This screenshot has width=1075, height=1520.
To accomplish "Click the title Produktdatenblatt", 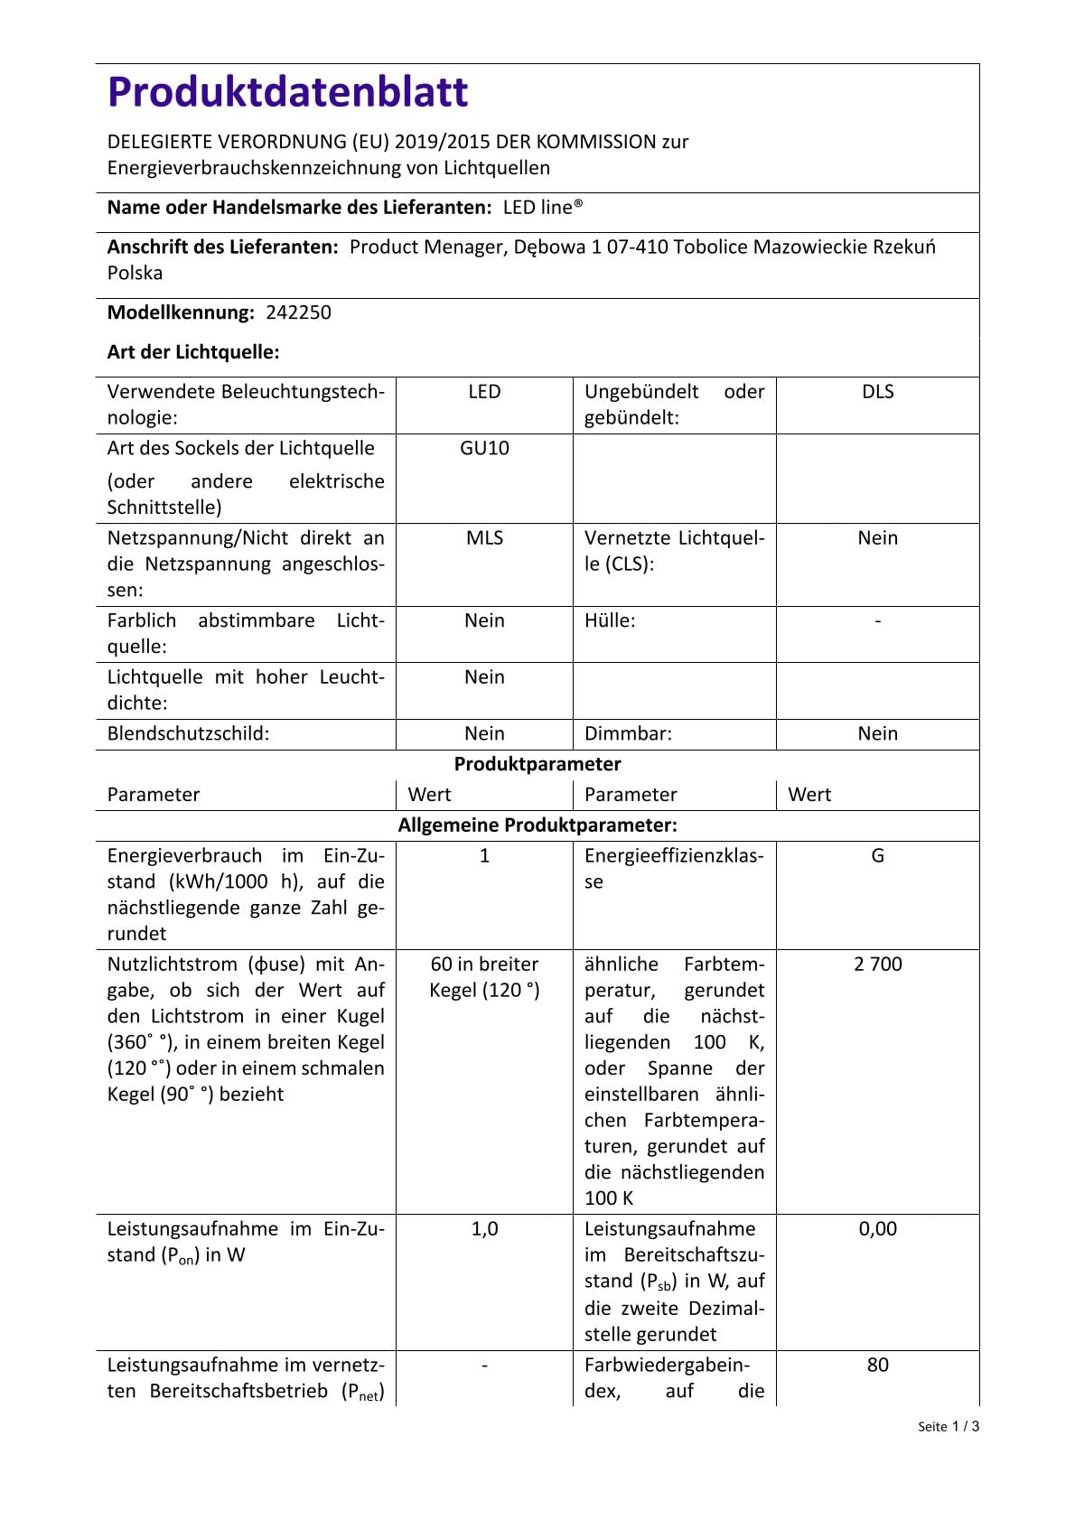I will pyautogui.click(x=287, y=92).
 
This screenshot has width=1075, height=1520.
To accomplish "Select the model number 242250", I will pyautogui.click(x=298, y=312).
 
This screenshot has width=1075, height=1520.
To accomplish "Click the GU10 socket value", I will pyautogui.click(x=484, y=448).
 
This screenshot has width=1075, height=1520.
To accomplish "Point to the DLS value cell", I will pyautogui.click(x=877, y=391).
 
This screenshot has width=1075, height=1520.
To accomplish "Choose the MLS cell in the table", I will pyautogui.click(x=484, y=537).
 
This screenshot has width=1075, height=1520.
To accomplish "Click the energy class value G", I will pyautogui.click(x=877, y=855).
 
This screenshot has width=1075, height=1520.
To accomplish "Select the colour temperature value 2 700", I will pyautogui.click(x=877, y=964).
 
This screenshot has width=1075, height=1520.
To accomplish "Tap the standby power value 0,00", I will pyautogui.click(x=877, y=1228).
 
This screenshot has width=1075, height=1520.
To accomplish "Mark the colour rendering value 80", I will pyautogui.click(x=877, y=1365).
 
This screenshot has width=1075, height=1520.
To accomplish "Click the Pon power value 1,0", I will pyautogui.click(x=484, y=1228).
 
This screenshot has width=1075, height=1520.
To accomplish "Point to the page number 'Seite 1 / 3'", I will pyautogui.click(x=948, y=1427).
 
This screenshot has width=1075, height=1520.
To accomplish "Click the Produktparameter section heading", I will pyautogui.click(x=537, y=764).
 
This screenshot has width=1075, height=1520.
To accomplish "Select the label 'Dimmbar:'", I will pyautogui.click(x=628, y=733).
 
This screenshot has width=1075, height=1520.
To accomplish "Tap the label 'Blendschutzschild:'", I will pyautogui.click(x=188, y=733).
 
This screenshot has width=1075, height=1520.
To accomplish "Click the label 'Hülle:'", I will pyautogui.click(x=610, y=620).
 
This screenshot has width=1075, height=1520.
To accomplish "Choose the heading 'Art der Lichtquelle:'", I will pyautogui.click(x=193, y=352).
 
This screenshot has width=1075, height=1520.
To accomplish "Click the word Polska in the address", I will pyautogui.click(x=135, y=273).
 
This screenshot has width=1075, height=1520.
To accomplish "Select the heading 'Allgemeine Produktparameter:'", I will pyautogui.click(x=537, y=825).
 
